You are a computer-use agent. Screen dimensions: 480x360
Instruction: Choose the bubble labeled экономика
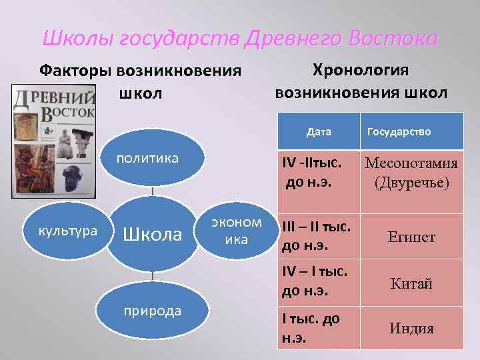236,231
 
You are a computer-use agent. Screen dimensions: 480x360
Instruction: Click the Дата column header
319,131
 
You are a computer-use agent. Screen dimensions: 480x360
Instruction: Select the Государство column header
399,131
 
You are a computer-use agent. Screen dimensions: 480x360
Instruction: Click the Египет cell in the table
411,237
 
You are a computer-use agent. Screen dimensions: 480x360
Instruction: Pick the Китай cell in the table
411,283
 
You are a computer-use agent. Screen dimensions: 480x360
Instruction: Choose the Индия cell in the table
411,329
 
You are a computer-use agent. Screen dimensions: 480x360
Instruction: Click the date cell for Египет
318,237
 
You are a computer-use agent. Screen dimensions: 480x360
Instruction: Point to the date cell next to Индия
318,328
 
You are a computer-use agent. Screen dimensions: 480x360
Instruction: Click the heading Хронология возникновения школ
361,81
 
